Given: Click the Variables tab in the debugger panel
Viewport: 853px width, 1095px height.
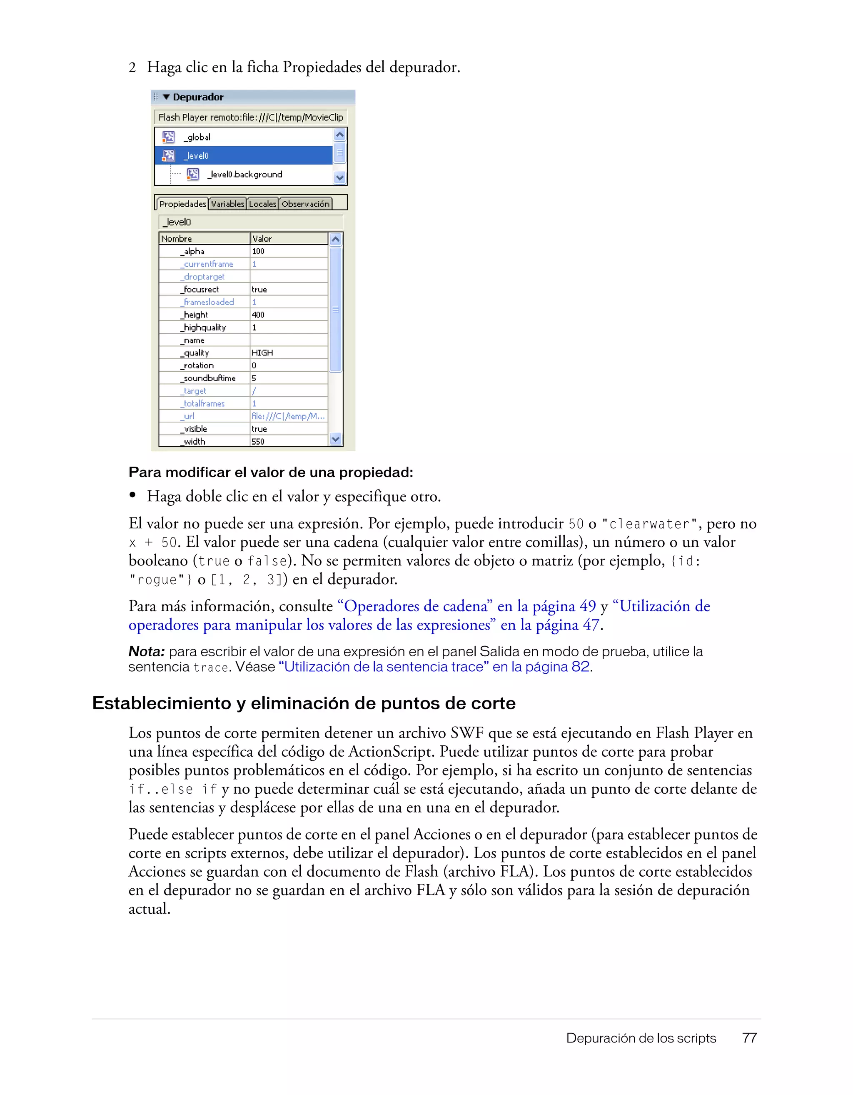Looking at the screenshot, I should tap(227, 204).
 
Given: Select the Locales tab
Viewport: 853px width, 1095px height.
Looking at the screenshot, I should tap(263, 204).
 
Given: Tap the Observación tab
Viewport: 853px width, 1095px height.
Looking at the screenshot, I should tap(305, 204).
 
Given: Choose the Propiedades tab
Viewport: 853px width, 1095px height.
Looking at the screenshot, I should tap(182, 204).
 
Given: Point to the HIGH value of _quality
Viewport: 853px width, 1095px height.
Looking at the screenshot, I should tap(262, 353).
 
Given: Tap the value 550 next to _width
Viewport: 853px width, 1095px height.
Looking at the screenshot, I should tap(258, 441).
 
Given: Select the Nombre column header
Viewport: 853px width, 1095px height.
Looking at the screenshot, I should tap(177, 239).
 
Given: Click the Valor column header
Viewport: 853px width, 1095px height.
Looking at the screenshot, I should tap(262, 239).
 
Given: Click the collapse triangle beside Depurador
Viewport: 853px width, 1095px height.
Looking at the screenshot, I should tap(166, 97).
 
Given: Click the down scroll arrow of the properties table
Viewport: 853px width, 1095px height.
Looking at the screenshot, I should tap(336, 439).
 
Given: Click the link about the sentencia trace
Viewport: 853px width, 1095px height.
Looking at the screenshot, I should tap(434, 667).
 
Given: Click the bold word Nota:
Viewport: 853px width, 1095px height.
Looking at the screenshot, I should tap(146, 651).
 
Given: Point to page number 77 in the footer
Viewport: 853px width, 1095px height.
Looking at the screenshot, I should tap(749, 1038).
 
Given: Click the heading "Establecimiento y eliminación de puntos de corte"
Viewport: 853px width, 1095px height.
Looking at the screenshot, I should tap(304, 703).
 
